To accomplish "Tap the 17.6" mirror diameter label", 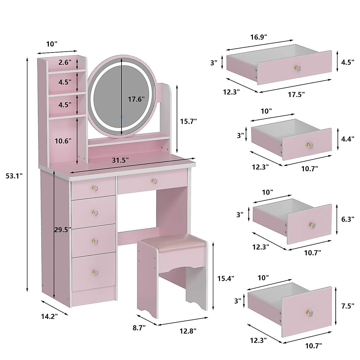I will click(136, 99).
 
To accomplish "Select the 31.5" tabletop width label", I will click(120, 160).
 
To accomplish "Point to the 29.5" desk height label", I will click(63, 230).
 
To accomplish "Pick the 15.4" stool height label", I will click(226, 278).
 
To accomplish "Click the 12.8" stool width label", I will click(188, 331).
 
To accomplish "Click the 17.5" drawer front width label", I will click(296, 94).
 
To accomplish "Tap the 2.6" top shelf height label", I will click(65, 62).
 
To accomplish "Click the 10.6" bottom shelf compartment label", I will click(63, 140).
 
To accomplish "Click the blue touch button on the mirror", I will click(121, 117).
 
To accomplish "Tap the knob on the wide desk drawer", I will click(154, 181).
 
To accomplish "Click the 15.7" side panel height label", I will click(188, 121).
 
